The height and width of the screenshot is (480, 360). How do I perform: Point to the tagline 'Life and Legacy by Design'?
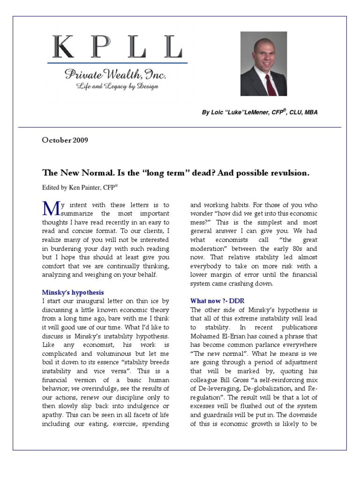pos(118,86)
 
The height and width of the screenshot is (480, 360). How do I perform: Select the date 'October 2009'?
pos(65,140)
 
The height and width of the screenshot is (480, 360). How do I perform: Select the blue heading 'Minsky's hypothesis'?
pos(73,292)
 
